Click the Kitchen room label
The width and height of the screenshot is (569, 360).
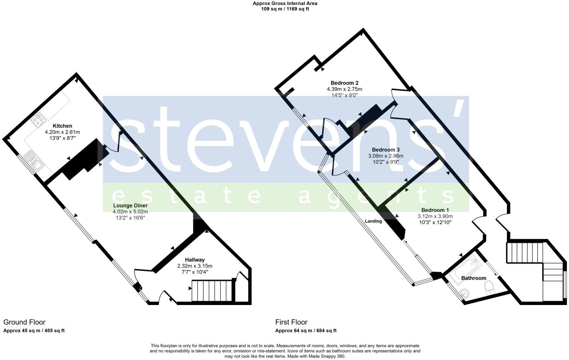click(62, 126)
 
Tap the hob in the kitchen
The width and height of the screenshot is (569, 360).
click(38, 120)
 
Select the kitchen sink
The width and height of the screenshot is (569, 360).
click(32, 161)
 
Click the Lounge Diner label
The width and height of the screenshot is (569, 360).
click(130, 205)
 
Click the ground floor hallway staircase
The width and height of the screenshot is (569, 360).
click(211, 290)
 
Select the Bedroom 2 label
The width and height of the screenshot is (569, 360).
click(344, 82)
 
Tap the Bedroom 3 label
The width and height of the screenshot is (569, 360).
click(386, 150)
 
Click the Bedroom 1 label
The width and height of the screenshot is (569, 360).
click(435, 210)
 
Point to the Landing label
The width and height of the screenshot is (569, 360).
click(373, 221)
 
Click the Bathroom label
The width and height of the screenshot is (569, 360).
click(474, 278)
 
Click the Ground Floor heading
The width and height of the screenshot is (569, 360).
click(24, 322)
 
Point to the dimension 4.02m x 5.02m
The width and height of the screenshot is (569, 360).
click(130, 212)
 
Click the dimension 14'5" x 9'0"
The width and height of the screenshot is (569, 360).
click(344, 95)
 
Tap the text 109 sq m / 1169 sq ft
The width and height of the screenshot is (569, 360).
click(284, 8)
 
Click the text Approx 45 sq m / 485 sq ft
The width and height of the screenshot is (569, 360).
click(34, 330)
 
